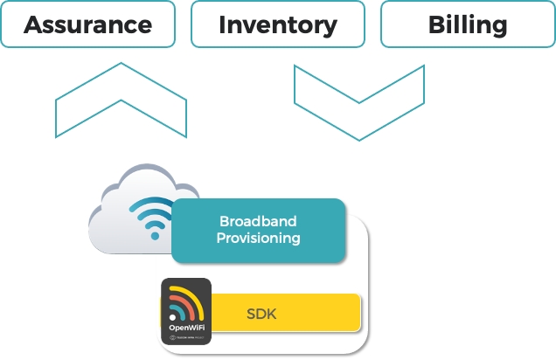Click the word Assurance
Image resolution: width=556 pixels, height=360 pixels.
[87, 24]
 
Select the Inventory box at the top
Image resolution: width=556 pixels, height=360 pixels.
[278, 24]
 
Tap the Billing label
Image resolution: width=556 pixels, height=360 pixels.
[467, 24]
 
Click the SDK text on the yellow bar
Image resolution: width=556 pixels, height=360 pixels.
[261, 313]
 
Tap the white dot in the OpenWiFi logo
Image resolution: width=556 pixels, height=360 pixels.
[172, 318]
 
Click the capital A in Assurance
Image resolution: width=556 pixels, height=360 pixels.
[33, 24]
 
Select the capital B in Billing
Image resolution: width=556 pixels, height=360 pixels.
[434, 24]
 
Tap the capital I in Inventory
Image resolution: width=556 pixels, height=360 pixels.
[223, 24]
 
